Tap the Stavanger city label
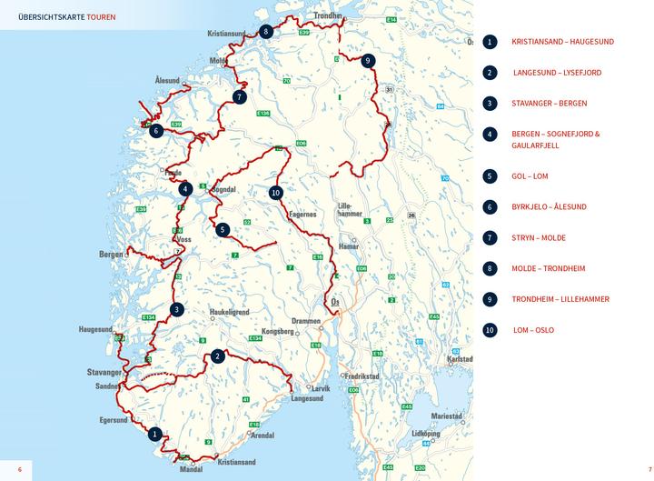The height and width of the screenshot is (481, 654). (104, 372)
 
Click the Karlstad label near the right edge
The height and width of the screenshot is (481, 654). (461, 358)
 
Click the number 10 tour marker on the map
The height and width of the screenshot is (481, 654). (276, 192)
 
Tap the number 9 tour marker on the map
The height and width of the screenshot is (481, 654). (367, 61)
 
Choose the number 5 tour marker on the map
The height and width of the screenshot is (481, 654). (223, 230)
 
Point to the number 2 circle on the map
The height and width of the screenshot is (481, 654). (218, 356)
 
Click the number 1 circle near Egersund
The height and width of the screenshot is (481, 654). (155, 434)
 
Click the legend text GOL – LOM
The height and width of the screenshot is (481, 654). (530, 175)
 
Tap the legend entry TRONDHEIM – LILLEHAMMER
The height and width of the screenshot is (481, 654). (560, 298)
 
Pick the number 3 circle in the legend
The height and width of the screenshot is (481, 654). (490, 103)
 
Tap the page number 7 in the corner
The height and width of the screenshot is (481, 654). (639, 469)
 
